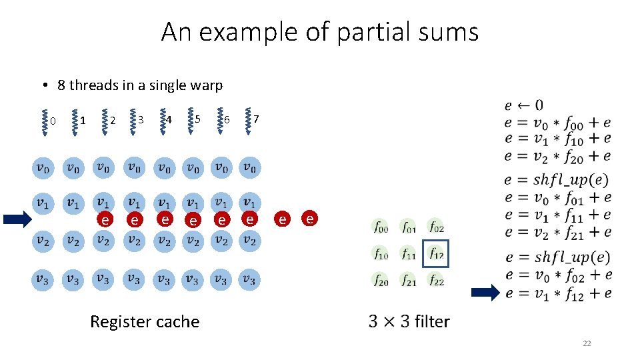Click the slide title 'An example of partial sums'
click(x=319, y=31)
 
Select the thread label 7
click(x=257, y=119)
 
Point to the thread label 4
click(x=169, y=120)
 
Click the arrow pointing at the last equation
click(x=485, y=292)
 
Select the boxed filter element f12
click(x=436, y=254)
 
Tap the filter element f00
click(x=381, y=227)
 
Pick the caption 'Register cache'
click(x=145, y=321)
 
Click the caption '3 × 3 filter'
click(x=409, y=321)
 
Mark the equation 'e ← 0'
click(x=523, y=105)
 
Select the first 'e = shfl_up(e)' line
click(x=557, y=179)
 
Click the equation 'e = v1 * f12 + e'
click(x=557, y=293)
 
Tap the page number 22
click(x=587, y=343)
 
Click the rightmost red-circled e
click(x=310, y=218)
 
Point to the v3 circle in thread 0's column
click(x=42, y=280)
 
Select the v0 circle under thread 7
click(x=249, y=168)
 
